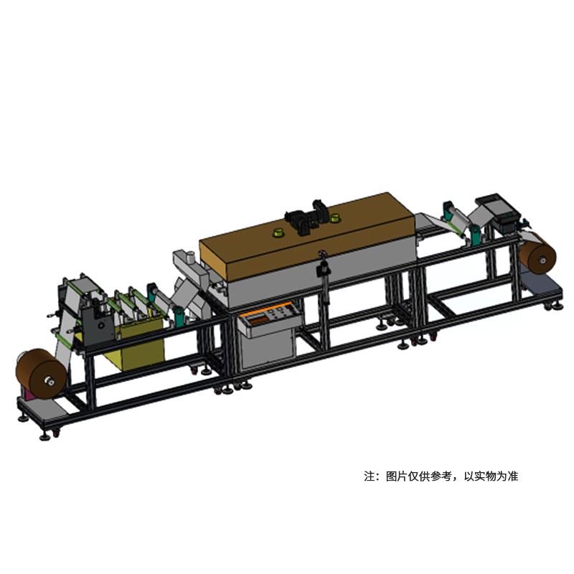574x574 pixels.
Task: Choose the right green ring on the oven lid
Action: [x=339, y=217]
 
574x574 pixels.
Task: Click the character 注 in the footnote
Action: [x=370, y=476]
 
